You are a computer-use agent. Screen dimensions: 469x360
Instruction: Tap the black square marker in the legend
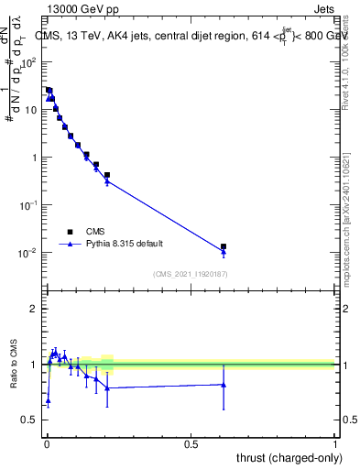(x=70, y=232)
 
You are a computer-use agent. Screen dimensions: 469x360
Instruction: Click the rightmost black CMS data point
(x=224, y=246)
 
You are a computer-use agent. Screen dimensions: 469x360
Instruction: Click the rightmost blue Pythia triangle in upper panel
(x=224, y=253)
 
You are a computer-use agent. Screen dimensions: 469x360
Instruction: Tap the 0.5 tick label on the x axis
(x=191, y=443)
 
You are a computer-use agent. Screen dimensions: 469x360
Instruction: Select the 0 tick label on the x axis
(x=46, y=443)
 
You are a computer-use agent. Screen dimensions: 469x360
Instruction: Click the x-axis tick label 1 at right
(x=335, y=443)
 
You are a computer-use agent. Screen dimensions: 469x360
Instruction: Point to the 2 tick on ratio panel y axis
(x=36, y=309)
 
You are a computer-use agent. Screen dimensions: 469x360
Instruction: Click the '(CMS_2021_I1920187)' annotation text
(x=190, y=274)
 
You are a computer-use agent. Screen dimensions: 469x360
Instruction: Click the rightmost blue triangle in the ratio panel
(x=224, y=385)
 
